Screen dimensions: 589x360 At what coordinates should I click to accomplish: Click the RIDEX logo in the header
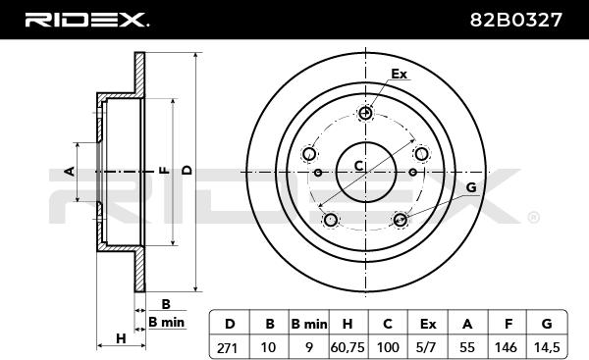pyautogui.click(x=86, y=20)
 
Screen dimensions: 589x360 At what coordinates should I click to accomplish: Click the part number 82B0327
pyautogui.click(x=515, y=20)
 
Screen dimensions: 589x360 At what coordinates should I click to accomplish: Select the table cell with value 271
pyautogui.click(x=228, y=347)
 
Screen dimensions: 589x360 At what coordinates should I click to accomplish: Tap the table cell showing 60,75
pyautogui.click(x=348, y=347)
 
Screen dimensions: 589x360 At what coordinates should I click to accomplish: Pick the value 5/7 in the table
pyautogui.click(x=426, y=347)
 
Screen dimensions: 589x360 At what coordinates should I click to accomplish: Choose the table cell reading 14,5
pyautogui.click(x=547, y=347)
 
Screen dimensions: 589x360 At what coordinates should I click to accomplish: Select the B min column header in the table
pyautogui.click(x=309, y=324)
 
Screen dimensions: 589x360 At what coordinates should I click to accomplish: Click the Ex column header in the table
pyautogui.click(x=428, y=324)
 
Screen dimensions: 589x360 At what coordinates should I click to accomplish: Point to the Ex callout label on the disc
pyautogui.click(x=399, y=74)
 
